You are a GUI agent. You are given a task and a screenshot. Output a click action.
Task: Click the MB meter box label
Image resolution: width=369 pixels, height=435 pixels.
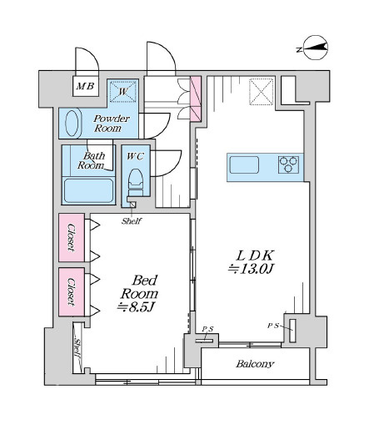(x=85, y=86)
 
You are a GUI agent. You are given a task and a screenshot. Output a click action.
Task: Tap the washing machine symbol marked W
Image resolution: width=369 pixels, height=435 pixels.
(x=123, y=91)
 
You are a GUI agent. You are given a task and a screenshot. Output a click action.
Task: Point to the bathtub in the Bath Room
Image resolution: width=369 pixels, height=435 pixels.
(x=88, y=191)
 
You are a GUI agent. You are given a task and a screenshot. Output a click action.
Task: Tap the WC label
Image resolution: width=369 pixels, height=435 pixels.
(x=135, y=156)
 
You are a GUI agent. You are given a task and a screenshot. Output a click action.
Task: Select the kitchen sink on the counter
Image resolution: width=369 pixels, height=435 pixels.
(x=244, y=165)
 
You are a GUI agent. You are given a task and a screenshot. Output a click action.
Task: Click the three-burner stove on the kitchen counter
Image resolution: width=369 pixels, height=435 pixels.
(x=289, y=164)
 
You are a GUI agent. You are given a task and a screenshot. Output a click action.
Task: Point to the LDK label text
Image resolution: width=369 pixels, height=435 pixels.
(x=255, y=255)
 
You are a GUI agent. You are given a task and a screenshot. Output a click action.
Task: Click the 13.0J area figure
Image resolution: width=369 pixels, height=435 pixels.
(x=251, y=269)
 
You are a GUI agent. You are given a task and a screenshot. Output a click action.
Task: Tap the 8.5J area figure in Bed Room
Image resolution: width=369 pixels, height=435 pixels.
(x=136, y=307)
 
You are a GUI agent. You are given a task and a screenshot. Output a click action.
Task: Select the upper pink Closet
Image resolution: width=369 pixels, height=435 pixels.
(x=72, y=238)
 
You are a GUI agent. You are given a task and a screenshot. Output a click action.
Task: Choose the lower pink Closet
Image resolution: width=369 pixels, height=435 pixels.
(x=72, y=292)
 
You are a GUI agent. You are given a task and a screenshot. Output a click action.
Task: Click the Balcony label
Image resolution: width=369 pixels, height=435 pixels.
(x=255, y=364)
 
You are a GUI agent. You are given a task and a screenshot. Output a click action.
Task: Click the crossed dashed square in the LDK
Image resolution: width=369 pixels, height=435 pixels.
(x=262, y=92)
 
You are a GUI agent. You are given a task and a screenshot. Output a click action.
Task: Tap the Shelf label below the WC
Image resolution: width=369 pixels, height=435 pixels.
(x=132, y=221)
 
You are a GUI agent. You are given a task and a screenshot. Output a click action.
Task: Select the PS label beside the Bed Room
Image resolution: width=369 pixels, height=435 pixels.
(x=207, y=329)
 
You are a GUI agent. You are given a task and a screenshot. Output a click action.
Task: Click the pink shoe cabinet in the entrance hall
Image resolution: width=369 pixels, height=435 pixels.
(x=196, y=99)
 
